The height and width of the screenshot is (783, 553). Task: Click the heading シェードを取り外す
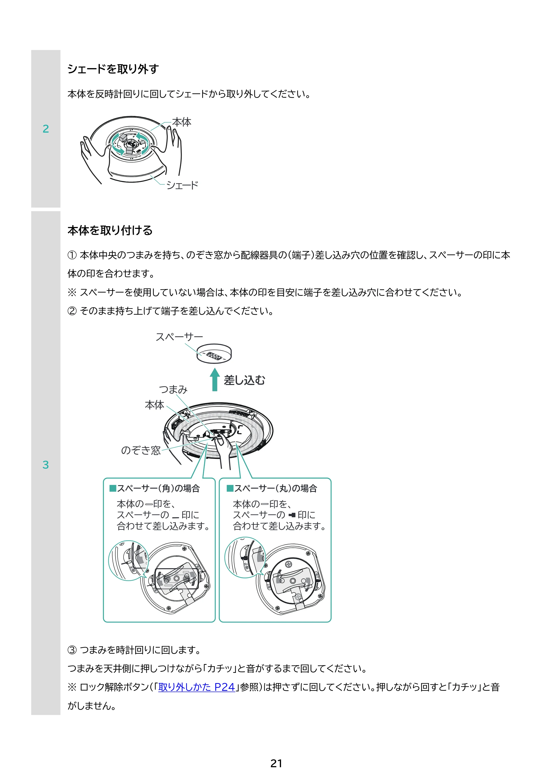[x=113, y=69]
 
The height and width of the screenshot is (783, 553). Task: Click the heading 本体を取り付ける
[x=110, y=230]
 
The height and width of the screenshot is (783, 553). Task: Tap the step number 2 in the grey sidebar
[x=46, y=129]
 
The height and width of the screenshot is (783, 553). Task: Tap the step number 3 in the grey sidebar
[x=46, y=464]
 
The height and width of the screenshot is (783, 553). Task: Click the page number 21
[x=276, y=763]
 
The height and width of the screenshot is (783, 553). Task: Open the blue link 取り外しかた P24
[x=197, y=687]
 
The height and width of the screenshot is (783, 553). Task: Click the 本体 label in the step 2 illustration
[x=182, y=122]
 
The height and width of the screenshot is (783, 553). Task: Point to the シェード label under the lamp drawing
[x=182, y=185]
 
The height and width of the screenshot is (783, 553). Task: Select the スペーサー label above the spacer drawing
[x=179, y=337]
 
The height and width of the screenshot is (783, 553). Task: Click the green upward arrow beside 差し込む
[x=215, y=379]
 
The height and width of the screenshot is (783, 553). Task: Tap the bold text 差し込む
[x=244, y=380]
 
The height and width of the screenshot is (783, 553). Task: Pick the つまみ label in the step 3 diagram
[x=173, y=389]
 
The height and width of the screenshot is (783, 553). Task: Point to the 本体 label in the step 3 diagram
[x=154, y=405]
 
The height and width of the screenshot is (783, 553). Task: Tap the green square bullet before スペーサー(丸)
[x=230, y=488]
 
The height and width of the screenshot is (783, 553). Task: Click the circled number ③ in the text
[x=72, y=650]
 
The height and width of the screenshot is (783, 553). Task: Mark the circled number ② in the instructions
[x=72, y=311]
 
